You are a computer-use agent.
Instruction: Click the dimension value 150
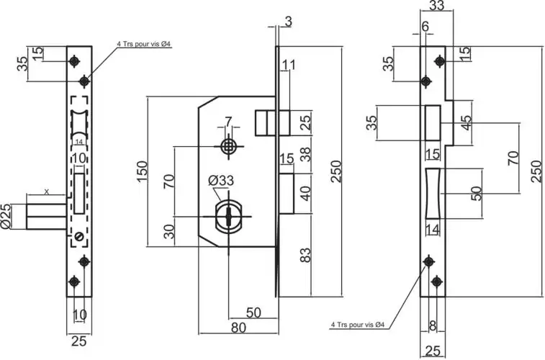pos(142,168)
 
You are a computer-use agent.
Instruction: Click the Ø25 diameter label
pos(6,216)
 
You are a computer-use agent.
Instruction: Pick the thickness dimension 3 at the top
pos(288,22)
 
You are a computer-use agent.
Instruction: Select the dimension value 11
pos(289,66)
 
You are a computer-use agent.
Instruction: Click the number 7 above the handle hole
pos(228,120)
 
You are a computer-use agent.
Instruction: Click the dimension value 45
pos(466,123)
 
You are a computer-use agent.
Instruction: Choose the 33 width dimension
pos(436,6)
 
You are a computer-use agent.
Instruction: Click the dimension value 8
pos(433,325)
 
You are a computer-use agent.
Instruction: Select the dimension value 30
pos(168,231)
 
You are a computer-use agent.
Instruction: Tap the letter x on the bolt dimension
pos(47,192)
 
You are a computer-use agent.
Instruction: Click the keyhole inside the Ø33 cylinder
pos(228,217)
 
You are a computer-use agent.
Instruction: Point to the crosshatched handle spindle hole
pos(228,146)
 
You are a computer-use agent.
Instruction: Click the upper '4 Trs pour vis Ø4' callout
pos(143,45)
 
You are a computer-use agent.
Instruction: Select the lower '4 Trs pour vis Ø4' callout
pos(359,325)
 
